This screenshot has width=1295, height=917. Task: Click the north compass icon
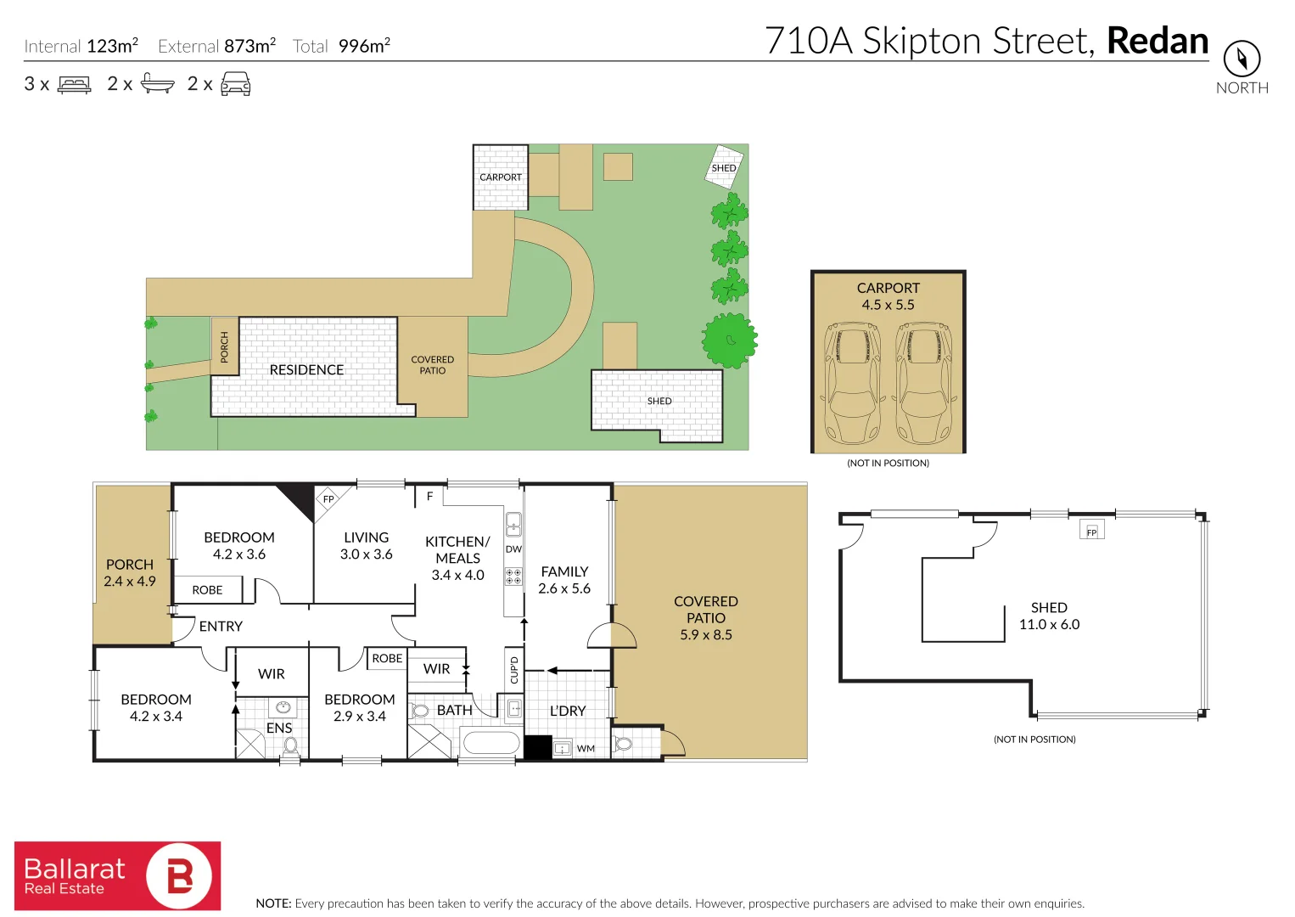(1242, 59)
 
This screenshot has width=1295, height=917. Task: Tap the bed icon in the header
(74, 84)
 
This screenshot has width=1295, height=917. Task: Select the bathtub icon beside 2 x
(157, 83)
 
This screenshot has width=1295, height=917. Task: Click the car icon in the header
(235, 83)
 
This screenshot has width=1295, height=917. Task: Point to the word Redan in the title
(1158, 41)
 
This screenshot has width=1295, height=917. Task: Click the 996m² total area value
(364, 46)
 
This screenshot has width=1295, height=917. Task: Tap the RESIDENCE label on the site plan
(306, 370)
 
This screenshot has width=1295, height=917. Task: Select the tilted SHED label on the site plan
(724, 167)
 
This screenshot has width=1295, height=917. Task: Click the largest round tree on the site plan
(729, 340)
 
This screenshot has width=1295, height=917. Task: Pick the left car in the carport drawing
(853, 382)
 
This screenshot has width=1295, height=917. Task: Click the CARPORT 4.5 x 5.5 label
(888, 296)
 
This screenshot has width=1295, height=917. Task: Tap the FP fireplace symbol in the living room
(328, 498)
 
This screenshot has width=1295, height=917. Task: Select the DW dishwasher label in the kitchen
(513, 549)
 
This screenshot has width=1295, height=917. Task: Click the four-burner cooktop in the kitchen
(513, 577)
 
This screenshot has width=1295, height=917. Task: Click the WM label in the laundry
(586, 749)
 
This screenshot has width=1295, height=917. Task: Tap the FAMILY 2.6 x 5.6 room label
(564, 580)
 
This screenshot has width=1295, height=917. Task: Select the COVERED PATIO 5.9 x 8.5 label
(706, 617)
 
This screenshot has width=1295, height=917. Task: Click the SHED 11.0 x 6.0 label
(1049, 616)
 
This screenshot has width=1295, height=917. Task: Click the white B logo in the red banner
(180, 875)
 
